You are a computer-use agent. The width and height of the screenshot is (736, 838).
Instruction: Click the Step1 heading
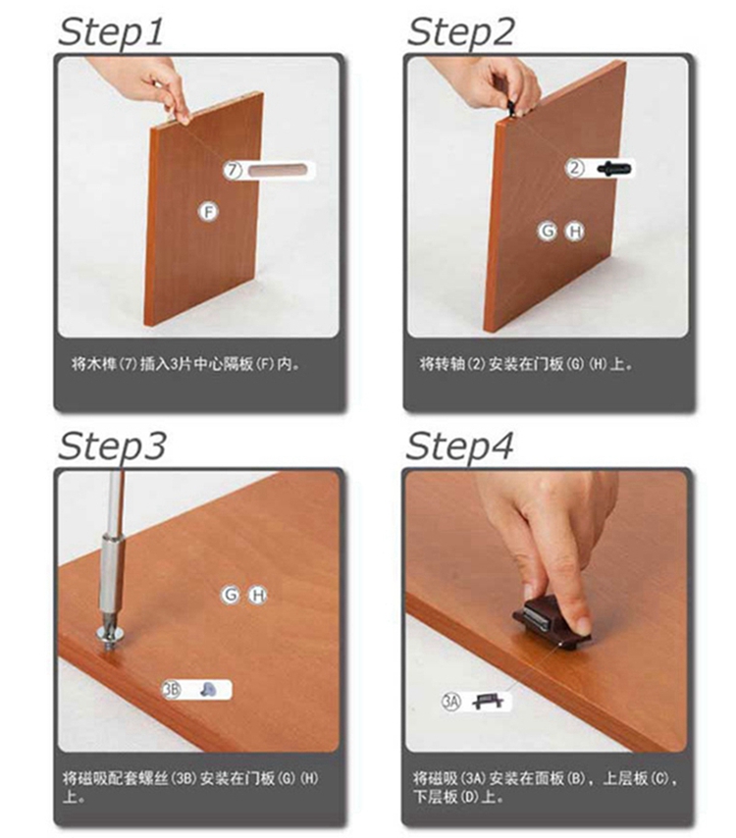pyautogui.click(x=111, y=31)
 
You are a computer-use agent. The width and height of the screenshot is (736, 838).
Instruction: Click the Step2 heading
pyautogui.click(x=460, y=31)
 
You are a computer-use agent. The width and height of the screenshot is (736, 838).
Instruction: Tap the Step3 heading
pyautogui.click(x=112, y=445)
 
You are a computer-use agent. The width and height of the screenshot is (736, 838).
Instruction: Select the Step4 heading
pyautogui.click(x=459, y=445)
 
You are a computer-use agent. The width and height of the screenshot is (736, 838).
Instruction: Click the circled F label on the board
pyautogui.click(x=208, y=212)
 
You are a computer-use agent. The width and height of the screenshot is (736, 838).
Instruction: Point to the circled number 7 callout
pyautogui.click(x=233, y=170)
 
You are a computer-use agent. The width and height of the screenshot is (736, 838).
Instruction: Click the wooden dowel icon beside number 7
pyautogui.click(x=278, y=170)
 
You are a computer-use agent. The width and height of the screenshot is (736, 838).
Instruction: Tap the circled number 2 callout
pyautogui.click(x=575, y=168)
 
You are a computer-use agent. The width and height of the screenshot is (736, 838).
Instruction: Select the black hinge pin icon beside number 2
pyautogui.click(x=613, y=169)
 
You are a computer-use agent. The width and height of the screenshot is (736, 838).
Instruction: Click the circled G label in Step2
pyautogui.click(x=548, y=231)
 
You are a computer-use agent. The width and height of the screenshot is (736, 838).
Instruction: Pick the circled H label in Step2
pyautogui.click(x=575, y=232)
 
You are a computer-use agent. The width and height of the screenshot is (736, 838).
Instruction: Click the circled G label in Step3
pyautogui.click(x=231, y=595)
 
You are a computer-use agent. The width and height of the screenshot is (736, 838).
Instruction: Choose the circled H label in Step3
pyautogui.click(x=259, y=595)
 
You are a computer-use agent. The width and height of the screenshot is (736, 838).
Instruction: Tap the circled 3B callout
pyautogui.click(x=171, y=690)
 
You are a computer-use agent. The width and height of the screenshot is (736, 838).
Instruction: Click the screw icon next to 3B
pyautogui.click(x=208, y=690)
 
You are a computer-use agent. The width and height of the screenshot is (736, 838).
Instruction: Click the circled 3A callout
pyautogui.click(x=450, y=702)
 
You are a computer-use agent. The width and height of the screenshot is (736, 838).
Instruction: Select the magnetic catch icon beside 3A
pyautogui.click(x=489, y=701)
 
